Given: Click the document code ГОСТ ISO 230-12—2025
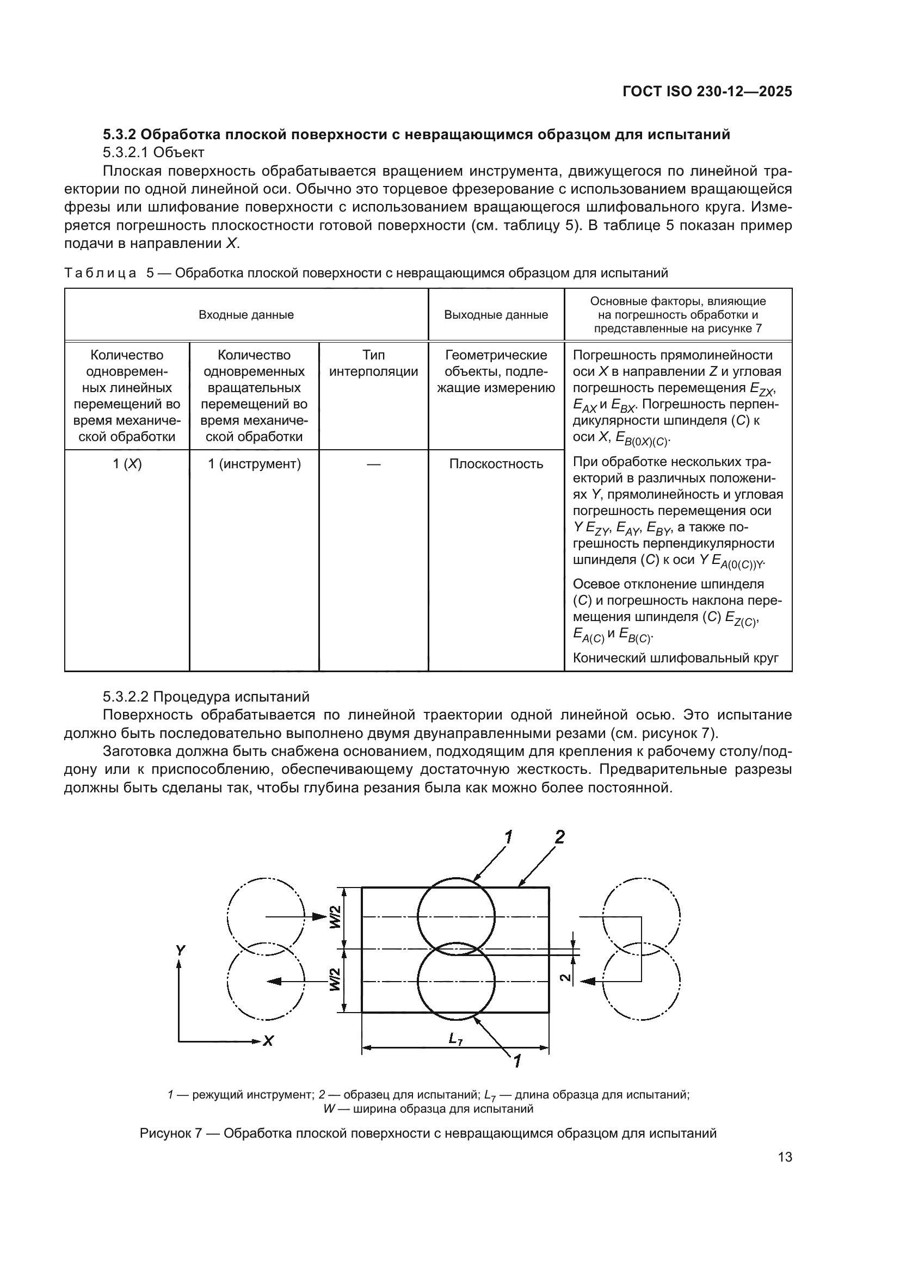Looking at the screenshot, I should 707,92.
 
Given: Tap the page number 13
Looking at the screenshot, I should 785,1157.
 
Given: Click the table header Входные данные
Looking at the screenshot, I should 246,315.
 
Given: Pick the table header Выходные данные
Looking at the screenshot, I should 496,315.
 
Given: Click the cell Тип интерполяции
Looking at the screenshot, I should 373,363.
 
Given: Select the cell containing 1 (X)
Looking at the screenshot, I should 127,464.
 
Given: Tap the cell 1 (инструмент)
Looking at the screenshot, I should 254,464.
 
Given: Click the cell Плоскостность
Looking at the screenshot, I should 496,464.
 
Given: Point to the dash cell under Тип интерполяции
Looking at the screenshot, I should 373,464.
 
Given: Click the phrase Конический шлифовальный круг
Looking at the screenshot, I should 676,658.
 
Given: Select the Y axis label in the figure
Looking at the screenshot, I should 180,950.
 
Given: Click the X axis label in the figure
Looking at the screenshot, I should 268,1041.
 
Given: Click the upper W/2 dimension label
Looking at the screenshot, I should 336,920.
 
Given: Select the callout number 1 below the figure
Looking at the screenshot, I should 516,1061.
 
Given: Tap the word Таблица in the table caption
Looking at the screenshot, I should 100,273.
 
